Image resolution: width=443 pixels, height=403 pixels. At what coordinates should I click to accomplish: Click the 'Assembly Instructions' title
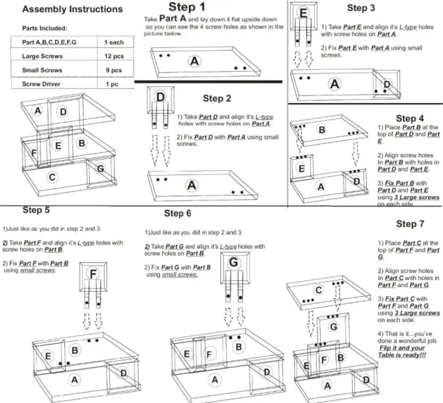tap(72, 9)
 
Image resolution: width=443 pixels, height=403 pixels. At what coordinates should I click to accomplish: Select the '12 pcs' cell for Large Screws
tap(114, 56)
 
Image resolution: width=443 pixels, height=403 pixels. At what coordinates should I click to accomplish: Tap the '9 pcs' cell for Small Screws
tap(114, 70)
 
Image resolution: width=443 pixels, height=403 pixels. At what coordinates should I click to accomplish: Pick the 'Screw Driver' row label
tap(41, 84)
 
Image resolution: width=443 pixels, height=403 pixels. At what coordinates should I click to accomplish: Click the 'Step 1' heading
tap(187, 7)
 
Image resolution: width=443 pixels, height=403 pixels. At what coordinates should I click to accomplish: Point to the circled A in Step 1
tap(194, 61)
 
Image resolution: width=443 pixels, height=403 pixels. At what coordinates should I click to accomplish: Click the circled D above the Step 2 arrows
tap(160, 97)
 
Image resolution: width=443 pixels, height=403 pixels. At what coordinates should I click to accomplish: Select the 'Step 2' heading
tap(217, 98)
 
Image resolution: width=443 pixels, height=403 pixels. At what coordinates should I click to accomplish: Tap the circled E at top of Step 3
tap(304, 13)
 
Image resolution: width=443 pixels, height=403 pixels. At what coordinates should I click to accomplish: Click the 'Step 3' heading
tap(361, 8)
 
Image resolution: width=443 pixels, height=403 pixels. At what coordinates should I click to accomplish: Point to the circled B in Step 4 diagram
tap(322, 130)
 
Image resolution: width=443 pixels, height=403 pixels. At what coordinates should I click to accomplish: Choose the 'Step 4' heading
tap(410, 119)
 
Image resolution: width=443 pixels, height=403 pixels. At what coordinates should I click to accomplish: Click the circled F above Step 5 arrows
tap(94, 273)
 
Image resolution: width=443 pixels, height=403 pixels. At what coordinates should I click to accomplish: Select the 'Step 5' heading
tap(36, 210)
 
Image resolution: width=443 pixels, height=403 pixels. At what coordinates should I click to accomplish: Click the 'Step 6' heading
tap(178, 213)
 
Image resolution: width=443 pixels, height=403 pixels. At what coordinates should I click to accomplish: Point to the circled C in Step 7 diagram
tap(318, 290)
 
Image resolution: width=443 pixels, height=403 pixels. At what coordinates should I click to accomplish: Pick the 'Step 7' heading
tap(410, 224)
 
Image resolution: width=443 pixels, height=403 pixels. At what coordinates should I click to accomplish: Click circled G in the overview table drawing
tap(100, 168)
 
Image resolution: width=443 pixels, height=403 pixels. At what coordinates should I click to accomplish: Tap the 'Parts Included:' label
tap(45, 29)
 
